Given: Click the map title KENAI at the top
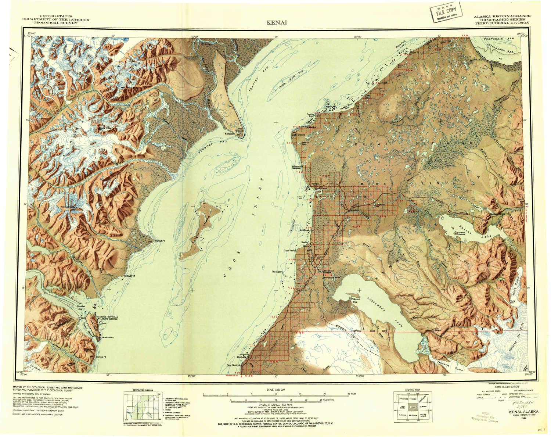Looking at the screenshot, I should (277, 22).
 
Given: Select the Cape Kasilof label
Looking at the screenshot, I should (289, 250).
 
